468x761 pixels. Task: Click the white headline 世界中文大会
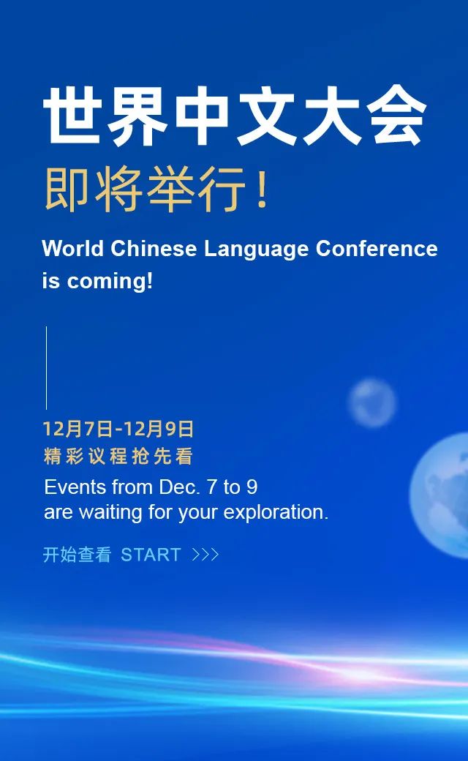(x=235, y=116)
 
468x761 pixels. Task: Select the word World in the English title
(x=72, y=249)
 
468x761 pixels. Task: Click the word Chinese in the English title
(x=154, y=249)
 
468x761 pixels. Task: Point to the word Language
(x=256, y=250)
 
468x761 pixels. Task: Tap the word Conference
(x=377, y=249)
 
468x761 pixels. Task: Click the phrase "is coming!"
(x=97, y=281)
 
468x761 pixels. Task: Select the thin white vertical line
(x=47, y=368)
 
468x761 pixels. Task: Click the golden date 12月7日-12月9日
(x=118, y=429)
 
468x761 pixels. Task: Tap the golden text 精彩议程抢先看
(x=118, y=456)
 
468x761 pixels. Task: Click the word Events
(x=75, y=487)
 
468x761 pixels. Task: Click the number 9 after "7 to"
(x=252, y=487)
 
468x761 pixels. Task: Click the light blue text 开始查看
(x=77, y=555)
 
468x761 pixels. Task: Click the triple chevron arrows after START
(x=205, y=555)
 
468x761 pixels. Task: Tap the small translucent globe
(x=372, y=403)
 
